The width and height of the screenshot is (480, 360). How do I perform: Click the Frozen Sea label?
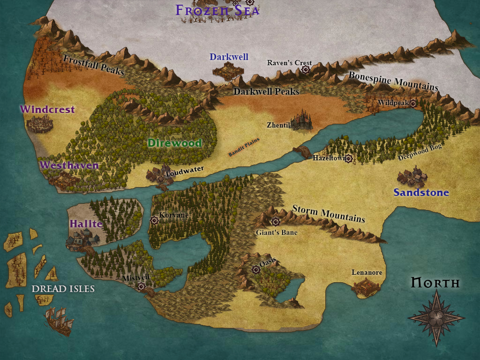coord(217,10)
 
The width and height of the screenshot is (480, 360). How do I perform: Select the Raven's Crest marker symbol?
coord(306,70)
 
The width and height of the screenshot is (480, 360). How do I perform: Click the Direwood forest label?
coord(174,143)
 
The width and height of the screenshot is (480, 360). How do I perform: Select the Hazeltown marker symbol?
coord(348,159)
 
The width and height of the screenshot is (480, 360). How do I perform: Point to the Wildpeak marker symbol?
coord(413,103)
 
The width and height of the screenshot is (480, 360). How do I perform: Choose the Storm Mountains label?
coord(329,213)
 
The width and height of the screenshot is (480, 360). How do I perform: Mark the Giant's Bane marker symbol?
coord(275,222)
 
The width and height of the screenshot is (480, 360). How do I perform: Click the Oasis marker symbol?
coord(255,269)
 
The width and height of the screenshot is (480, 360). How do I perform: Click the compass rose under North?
coord(436,318)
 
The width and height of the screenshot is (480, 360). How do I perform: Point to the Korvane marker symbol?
coord(154,220)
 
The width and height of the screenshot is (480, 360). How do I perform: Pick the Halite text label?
coord(86,224)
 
